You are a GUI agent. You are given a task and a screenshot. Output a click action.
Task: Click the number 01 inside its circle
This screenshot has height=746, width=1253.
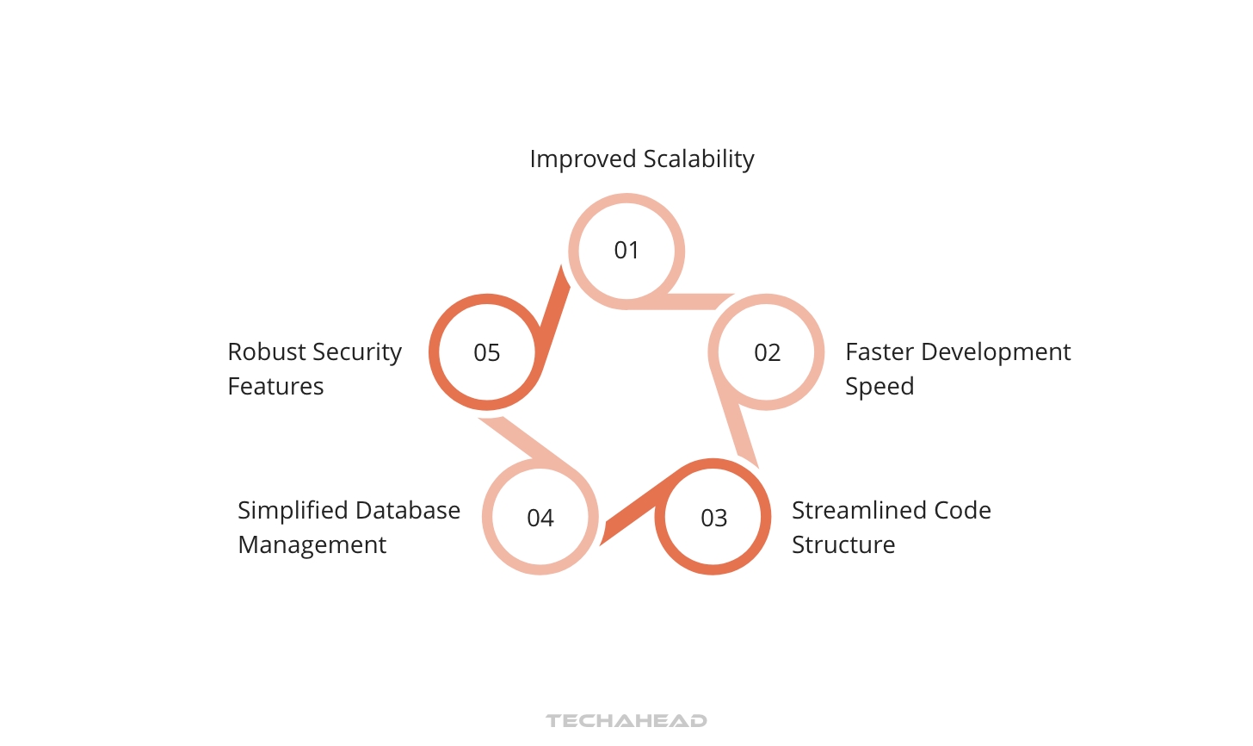[626, 251]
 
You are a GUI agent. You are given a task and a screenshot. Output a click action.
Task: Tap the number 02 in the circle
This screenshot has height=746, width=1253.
[767, 353]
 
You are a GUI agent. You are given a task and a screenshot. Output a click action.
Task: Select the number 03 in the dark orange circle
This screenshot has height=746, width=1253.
[713, 519]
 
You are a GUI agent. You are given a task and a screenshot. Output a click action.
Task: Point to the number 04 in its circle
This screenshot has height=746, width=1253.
[540, 519]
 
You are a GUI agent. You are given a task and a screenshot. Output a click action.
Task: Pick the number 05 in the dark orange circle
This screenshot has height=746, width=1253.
[487, 353]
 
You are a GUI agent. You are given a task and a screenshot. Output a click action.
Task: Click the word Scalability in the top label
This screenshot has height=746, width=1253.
[699, 159]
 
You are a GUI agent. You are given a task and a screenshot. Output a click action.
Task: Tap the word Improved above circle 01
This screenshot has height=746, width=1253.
[583, 159]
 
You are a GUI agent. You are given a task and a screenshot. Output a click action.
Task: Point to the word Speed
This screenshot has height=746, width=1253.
[880, 387]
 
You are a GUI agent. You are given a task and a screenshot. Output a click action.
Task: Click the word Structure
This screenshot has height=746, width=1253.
[843, 545]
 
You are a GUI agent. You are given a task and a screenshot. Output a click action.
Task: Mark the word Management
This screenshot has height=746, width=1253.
[312, 545]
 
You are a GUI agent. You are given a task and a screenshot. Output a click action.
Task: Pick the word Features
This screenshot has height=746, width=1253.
[275, 387]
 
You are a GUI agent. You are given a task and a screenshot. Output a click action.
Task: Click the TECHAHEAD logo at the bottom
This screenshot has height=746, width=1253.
[626, 721]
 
